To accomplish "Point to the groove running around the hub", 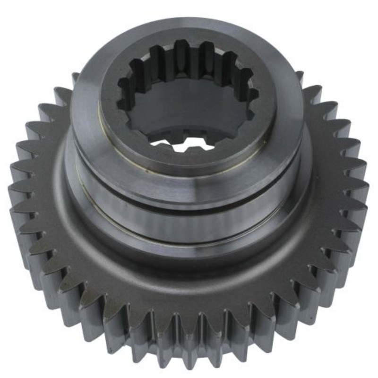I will [x=189, y=204].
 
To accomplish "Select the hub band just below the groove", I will [x=189, y=222].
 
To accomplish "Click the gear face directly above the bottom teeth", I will [x=189, y=288].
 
